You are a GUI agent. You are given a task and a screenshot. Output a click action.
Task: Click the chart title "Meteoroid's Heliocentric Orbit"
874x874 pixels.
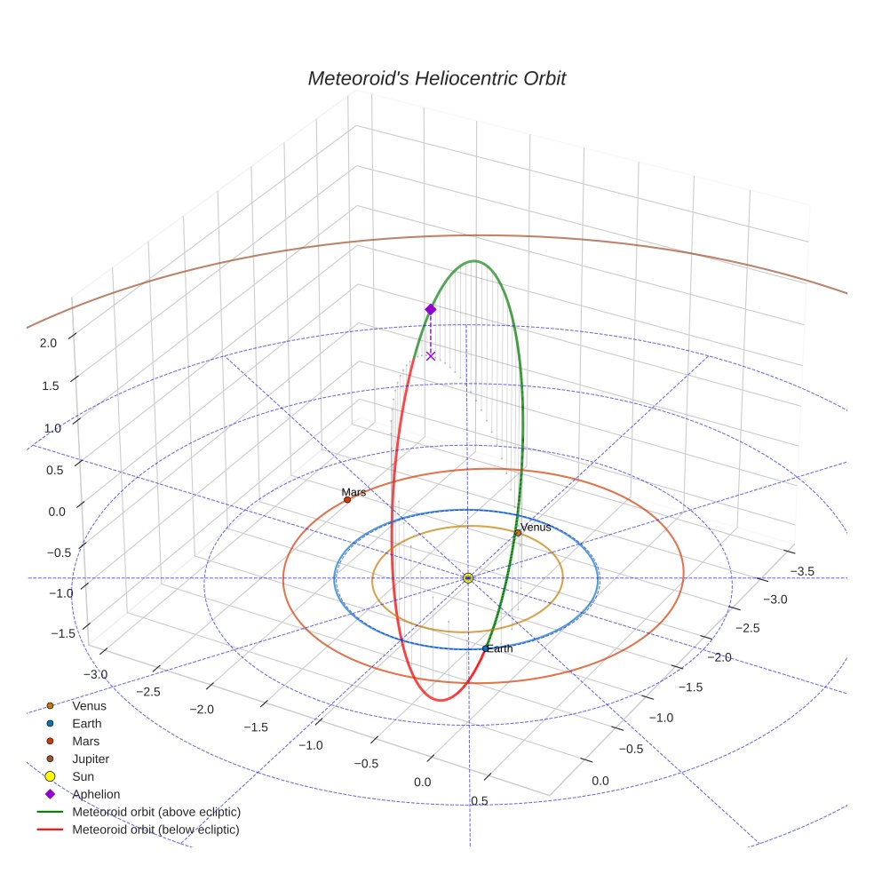click(x=436, y=79)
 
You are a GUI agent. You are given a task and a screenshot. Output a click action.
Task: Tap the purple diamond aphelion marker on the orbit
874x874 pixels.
click(x=431, y=309)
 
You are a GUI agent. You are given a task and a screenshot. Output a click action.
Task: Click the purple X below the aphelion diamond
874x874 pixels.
click(x=431, y=355)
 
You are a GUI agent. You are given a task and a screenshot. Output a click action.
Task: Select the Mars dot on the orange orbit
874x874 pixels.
click(x=347, y=500)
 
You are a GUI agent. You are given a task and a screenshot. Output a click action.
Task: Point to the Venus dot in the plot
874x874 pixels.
click(x=518, y=533)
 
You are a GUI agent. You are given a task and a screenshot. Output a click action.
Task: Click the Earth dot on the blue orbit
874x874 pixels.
click(x=485, y=648)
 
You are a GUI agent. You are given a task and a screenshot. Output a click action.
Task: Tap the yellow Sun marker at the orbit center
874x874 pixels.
click(x=468, y=578)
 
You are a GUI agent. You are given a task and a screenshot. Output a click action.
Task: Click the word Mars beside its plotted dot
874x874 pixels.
click(x=354, y=491)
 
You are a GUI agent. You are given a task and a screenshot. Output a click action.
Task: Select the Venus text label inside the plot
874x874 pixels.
click(x=536, y=527)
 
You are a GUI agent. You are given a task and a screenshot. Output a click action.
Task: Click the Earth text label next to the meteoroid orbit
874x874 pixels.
click(x=501, y=648)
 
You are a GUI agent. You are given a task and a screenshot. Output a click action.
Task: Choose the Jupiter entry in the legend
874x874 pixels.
click(x=90, y=759)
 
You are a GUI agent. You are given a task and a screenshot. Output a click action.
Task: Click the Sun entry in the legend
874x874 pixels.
click(x=83, y=776)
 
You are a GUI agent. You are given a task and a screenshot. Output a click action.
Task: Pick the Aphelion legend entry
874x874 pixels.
click(x=95, y=794)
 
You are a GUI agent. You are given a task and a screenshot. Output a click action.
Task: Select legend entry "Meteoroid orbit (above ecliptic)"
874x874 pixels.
click(x=156, y=812)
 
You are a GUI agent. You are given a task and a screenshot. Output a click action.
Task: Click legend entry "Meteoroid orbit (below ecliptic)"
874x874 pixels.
click(x=155, y=830)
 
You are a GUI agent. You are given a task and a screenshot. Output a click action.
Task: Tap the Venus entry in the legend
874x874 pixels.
click(x=89, y=705)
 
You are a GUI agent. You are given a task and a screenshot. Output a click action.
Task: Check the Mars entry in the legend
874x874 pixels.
click(x=85, y=741)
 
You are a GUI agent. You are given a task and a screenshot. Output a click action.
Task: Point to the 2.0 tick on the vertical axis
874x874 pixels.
click(x=49, y=343)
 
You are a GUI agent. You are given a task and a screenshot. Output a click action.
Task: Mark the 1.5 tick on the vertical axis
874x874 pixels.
click(x=49, y=385)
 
